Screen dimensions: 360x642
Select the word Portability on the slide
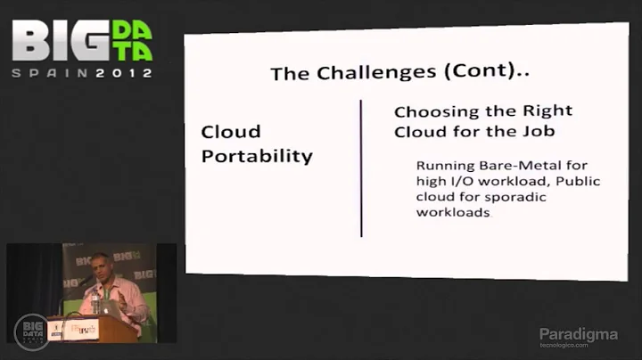[257, 156]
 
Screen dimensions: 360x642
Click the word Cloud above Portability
[230, 132]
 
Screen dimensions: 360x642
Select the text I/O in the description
[458, 182]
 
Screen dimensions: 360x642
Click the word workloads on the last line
[452, 214]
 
